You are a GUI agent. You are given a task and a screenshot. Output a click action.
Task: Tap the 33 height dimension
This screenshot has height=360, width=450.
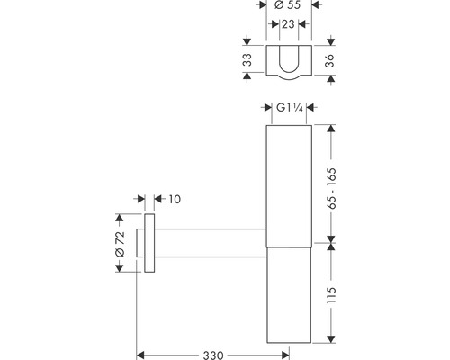(247, 61)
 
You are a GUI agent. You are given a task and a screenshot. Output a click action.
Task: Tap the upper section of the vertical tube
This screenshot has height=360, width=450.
(289, 180)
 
